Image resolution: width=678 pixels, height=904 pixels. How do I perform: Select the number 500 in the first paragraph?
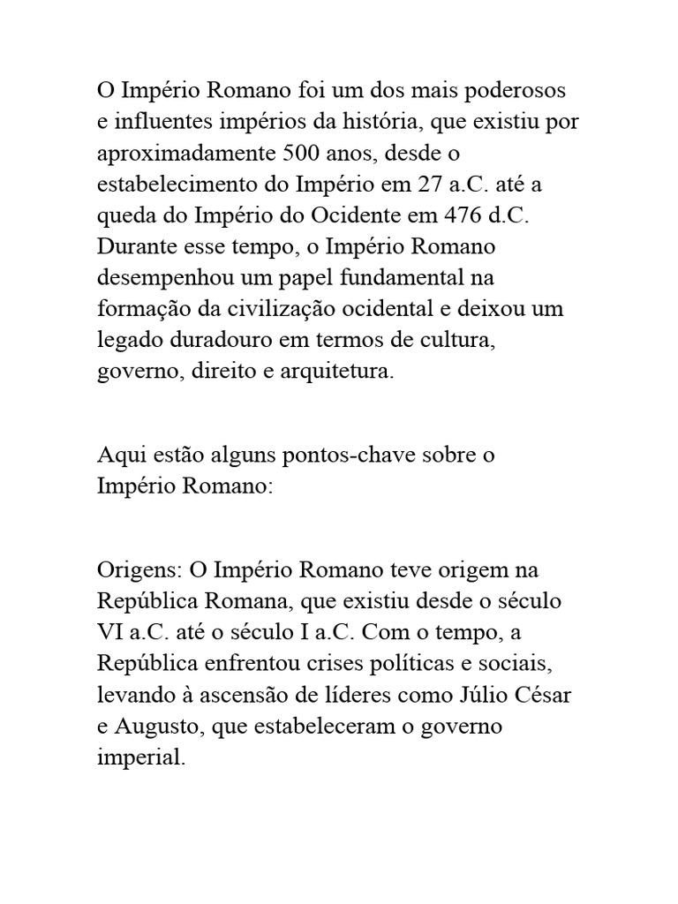(x=302, y=154)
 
